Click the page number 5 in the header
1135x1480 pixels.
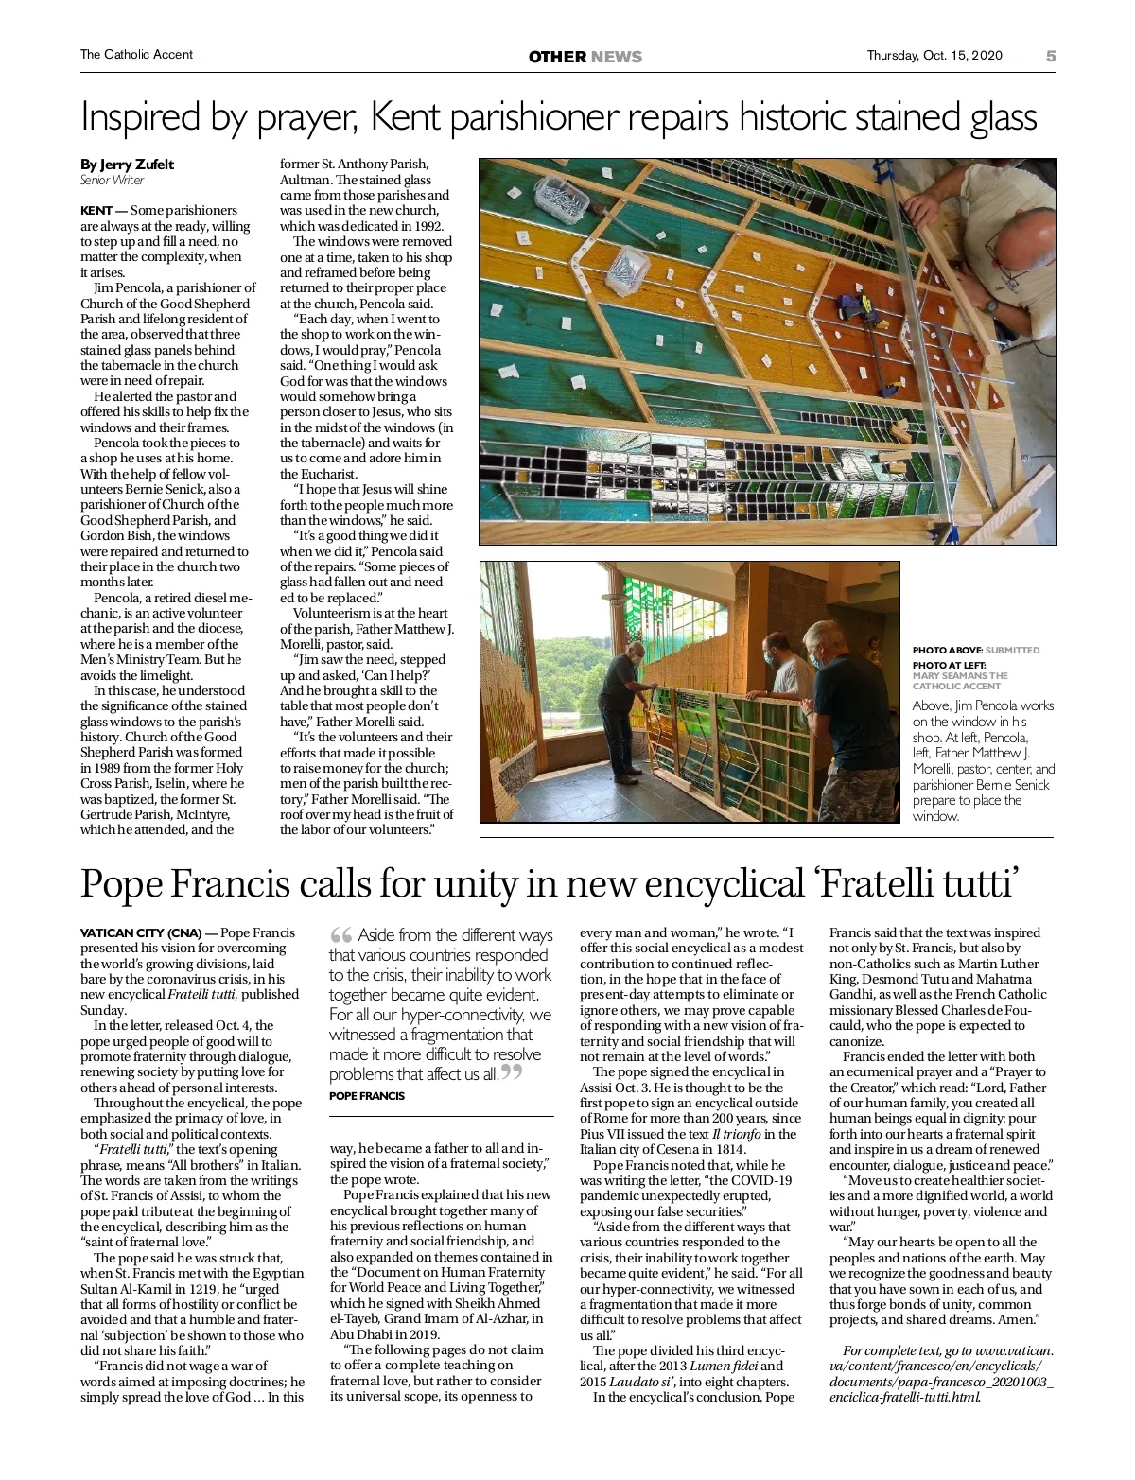click(x=1051, y=56)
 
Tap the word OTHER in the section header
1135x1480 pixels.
click(x=557, y=57)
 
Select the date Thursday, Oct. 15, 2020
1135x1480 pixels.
click(x=935, y=55)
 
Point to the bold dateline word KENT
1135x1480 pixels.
click(x=96, y=210)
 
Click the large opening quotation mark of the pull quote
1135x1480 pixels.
click(x=340, y=936)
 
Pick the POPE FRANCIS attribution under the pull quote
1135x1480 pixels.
click(x=367, y=1096)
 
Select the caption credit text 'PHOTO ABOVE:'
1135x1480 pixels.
click(x=947, y=650)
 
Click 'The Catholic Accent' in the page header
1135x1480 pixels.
click(x=136, y=55)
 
